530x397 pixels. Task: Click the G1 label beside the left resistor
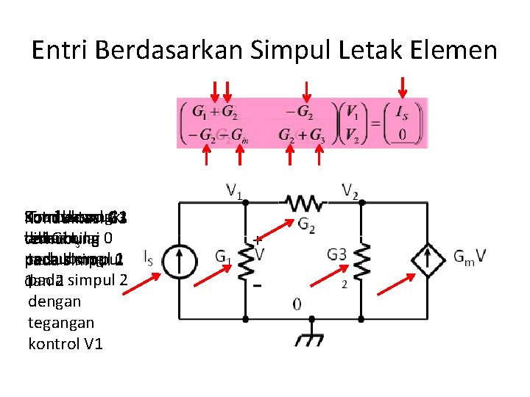point(224,257)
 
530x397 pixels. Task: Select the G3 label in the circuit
point(337,254)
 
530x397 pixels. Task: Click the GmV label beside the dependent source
point(469,257)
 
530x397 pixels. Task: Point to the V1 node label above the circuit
point(235,192)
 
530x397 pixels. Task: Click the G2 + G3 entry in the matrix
point(302,135)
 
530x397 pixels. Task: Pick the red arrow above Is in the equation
point(402,87)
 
